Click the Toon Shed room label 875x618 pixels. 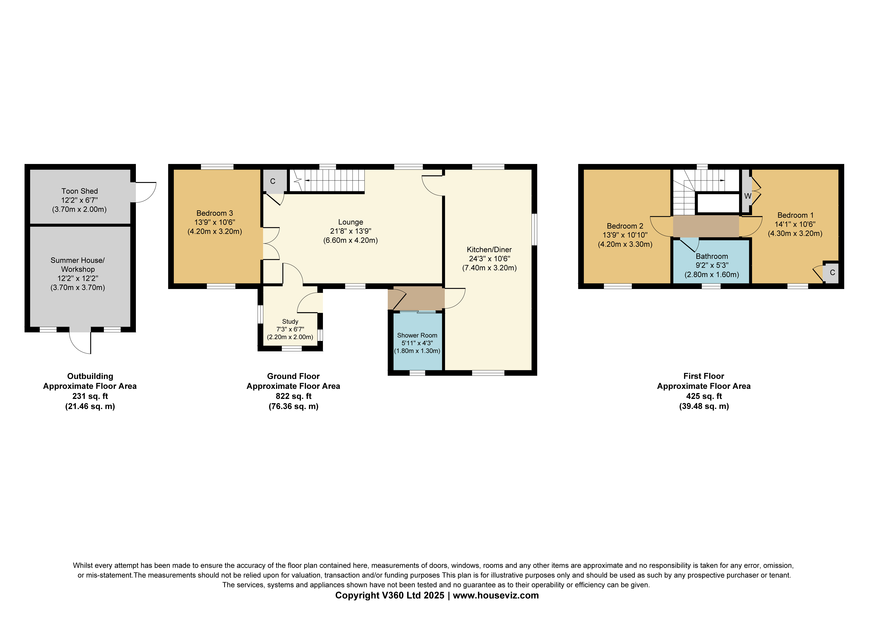pos(80,191)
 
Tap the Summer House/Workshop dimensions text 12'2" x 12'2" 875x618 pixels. pos(78,278)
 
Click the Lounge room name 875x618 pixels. pos(351,222)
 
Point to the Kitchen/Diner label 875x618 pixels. pos(489,250)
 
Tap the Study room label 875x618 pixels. pos(290,322)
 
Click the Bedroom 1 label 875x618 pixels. pos(795,215)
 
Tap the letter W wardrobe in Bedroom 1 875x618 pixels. pos(748,196)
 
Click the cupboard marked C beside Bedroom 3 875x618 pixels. pos(273,181)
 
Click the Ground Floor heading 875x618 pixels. pos(293,376)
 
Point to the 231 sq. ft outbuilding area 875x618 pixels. pos(90,396)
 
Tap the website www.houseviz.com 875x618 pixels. pos(496,596)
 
